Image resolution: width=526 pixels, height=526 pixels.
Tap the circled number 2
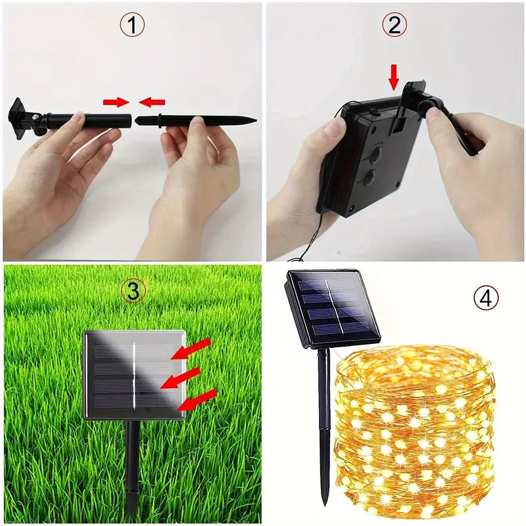pos(394,26)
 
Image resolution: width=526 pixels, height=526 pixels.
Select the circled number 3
pos(133,291)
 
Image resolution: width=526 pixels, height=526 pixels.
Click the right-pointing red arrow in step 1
pos(116,102)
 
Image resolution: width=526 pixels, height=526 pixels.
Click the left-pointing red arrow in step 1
pos(153,102)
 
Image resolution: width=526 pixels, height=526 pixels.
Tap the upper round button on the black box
pos(375,155)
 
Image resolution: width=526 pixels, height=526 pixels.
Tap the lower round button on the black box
pos(369,178)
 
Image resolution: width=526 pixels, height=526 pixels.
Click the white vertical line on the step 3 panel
pos(135,375)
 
